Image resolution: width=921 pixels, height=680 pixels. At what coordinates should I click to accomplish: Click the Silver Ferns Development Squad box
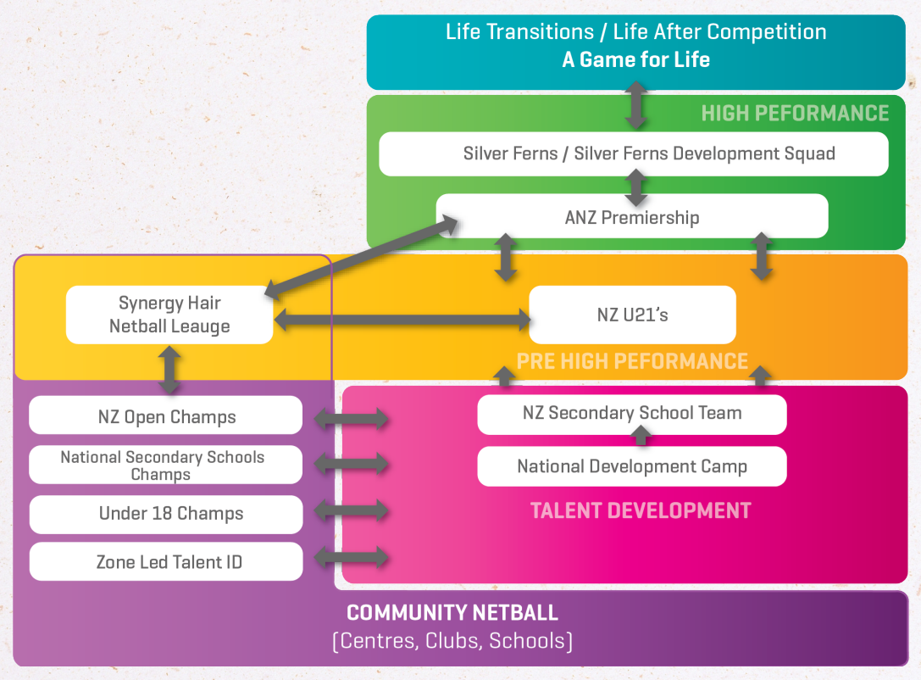(633, 154)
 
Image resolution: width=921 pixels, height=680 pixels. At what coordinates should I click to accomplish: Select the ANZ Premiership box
(632, 217)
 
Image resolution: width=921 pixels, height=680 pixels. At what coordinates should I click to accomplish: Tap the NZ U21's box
(632, 315)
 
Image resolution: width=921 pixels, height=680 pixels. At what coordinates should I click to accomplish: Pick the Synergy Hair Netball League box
(169, 315)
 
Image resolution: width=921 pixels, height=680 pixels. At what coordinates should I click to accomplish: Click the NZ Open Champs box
(166, 416)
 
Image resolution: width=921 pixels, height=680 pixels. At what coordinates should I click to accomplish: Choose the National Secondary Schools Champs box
(166, 465)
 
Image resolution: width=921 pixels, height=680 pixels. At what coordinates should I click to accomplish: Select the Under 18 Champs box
(166, 514)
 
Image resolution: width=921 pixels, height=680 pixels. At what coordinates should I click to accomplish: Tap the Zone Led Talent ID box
(166, 561)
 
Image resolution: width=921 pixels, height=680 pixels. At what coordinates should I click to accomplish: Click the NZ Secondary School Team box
(632, 414)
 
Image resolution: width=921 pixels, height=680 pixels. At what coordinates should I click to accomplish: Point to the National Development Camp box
(632, 466)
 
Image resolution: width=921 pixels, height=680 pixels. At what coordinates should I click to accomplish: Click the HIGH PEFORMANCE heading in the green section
(795, 114)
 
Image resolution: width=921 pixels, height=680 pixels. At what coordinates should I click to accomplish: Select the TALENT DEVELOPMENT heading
(641, 510)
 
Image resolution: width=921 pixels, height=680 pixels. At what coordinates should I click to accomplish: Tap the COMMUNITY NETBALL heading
(452, 613)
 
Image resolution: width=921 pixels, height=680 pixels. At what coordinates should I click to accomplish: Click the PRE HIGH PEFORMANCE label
(632, 361)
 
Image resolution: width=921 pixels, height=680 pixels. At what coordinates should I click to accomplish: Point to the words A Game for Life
(635, 60)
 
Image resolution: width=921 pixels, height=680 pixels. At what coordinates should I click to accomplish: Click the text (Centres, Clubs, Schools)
(452, 641)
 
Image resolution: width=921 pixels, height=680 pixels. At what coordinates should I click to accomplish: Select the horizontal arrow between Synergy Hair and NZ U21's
(402, 319)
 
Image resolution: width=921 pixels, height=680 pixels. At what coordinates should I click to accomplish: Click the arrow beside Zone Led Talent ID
(352, 557)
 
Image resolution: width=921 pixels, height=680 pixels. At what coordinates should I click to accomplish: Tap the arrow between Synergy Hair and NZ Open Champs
(170, 370)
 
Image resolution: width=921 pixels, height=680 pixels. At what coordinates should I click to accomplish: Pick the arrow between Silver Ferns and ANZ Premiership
(635, 185)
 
